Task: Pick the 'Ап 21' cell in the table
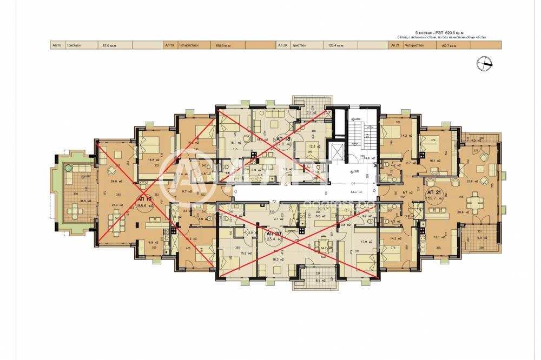[395, 46]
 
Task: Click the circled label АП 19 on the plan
[144, 201]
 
